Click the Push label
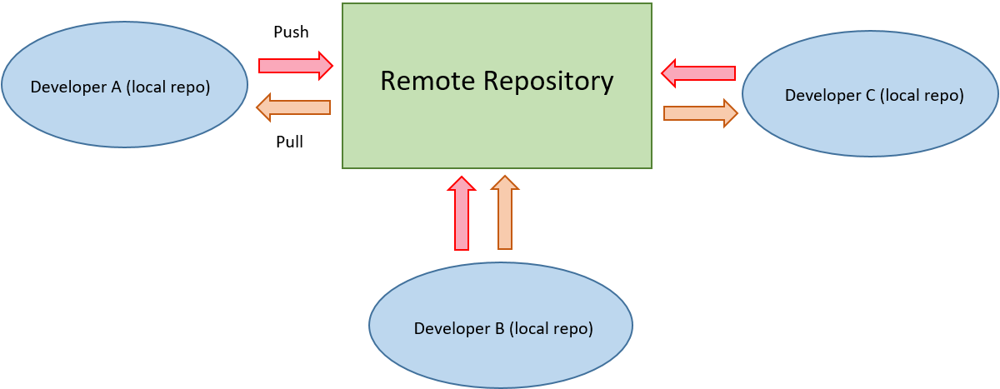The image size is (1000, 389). [x=291, y=32]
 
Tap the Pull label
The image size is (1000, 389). [x=289, y=142]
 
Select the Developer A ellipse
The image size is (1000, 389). [x=124, y=117]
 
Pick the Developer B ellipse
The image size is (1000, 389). [x=500, y=358]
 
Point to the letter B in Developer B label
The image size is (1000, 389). [x=499, y=328]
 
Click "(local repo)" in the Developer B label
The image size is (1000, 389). [x=551, y=328]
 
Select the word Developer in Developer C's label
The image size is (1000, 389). [x=822, y=95]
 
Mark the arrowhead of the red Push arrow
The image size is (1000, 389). [x=326, y=65]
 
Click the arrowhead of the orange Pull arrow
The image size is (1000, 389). [x=263, y=107]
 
